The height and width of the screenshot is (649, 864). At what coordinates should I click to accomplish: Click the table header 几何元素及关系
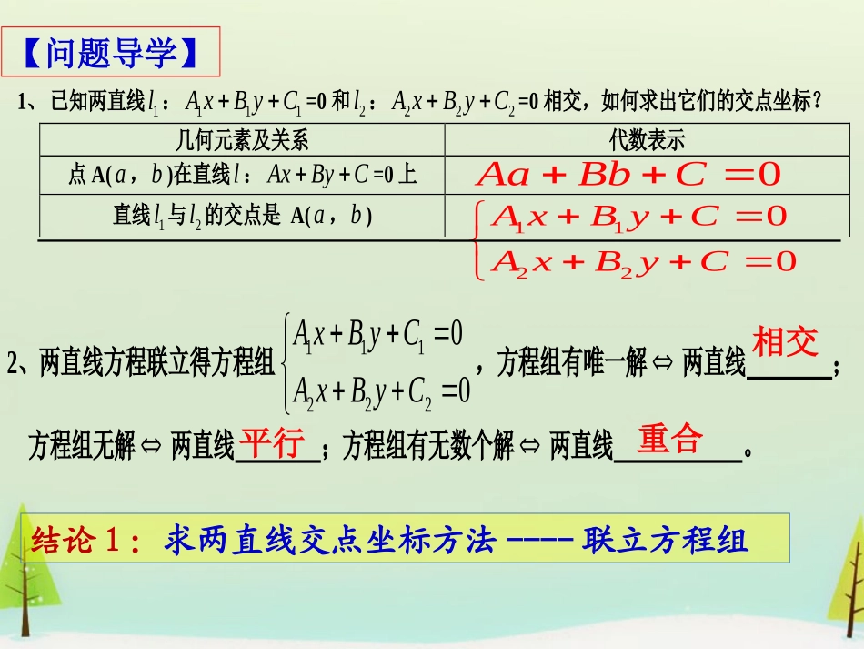point(241,140)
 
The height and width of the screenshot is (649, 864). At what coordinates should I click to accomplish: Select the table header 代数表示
point(646,140)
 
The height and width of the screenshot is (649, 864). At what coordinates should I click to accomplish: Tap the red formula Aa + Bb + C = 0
point(628,175)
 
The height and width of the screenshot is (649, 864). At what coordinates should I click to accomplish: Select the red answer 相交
point(785,343)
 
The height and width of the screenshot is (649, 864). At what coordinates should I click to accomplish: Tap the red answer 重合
point(670,440)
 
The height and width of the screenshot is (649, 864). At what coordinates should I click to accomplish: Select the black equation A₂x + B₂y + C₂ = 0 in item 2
point(381,390)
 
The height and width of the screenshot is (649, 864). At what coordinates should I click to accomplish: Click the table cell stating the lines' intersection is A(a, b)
point(242,216)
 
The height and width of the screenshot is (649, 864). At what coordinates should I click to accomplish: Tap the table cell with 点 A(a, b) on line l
point(242,175)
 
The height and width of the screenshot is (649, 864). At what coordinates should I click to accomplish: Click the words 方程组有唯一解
point(572,365)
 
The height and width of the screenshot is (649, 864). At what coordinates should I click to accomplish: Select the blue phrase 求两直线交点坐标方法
point(330,541)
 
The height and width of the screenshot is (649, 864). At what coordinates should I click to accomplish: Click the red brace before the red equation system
point(480,240)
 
